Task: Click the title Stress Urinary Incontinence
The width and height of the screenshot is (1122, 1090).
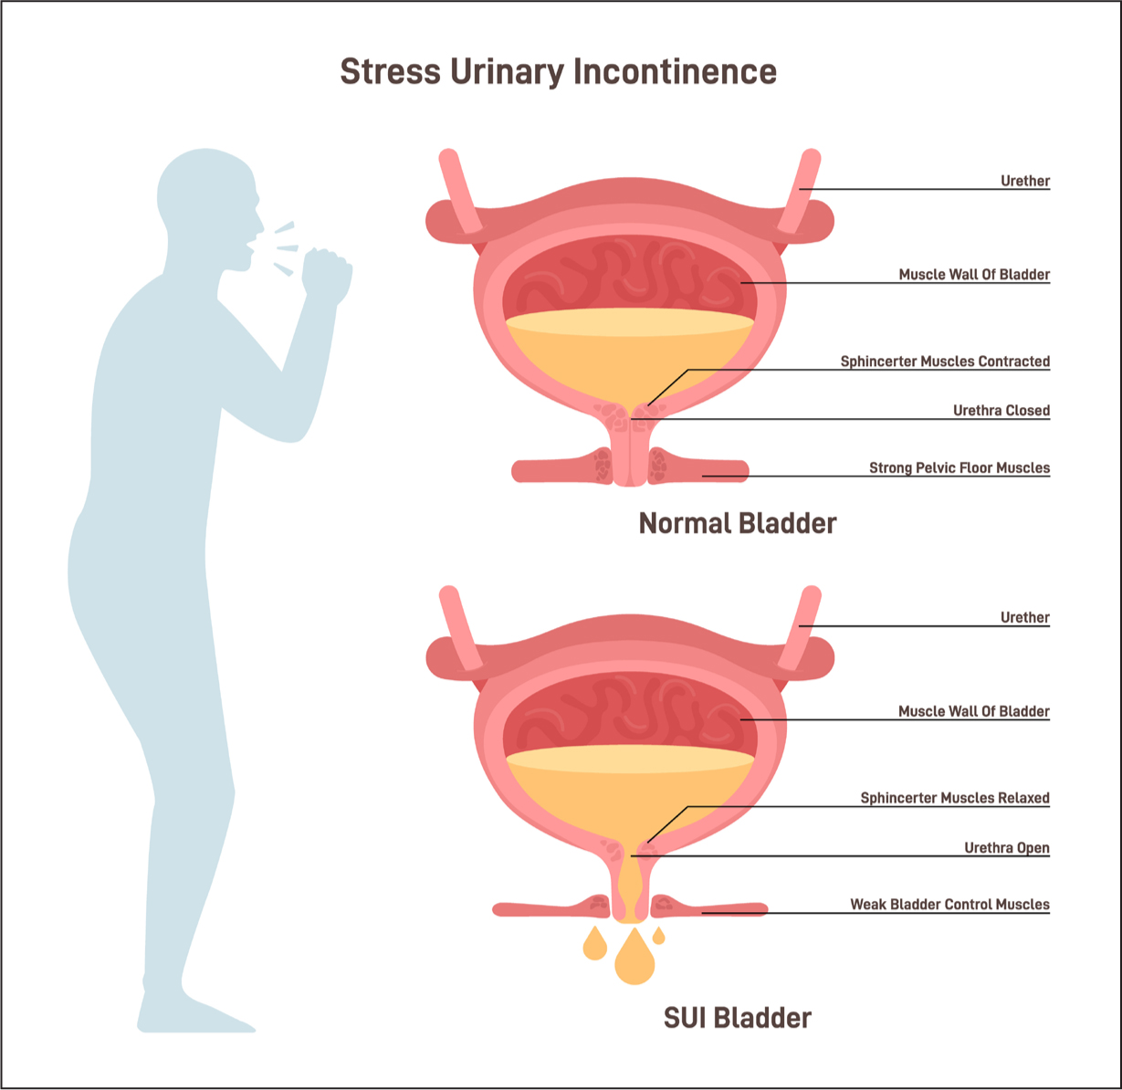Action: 558,71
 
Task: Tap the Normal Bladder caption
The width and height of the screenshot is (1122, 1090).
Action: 738,523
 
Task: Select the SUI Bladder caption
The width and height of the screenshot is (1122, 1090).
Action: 738,1018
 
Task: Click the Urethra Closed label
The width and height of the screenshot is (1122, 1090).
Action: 1001,411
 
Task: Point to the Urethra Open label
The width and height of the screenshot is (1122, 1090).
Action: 1007,847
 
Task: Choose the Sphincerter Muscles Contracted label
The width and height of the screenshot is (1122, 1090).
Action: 945,362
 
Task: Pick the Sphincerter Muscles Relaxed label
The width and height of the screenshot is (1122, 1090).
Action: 955,798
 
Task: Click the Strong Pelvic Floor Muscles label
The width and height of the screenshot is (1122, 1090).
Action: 959,467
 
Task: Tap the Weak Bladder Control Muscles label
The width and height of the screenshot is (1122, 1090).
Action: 949,904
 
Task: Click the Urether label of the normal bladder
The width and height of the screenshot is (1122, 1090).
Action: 1025,181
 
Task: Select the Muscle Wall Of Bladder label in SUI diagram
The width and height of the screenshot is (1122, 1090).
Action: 974,711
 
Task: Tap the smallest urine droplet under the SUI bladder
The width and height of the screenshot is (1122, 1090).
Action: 659,936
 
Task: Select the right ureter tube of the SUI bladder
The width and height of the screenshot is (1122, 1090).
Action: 799,628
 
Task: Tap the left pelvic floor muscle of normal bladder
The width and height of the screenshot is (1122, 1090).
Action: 562,469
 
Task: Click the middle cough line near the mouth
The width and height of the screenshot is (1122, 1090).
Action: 288,248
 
